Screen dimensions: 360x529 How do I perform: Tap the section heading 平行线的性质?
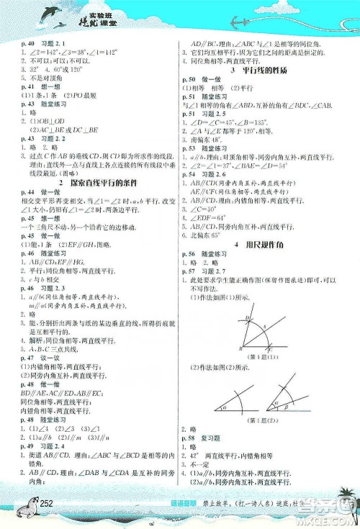266,69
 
